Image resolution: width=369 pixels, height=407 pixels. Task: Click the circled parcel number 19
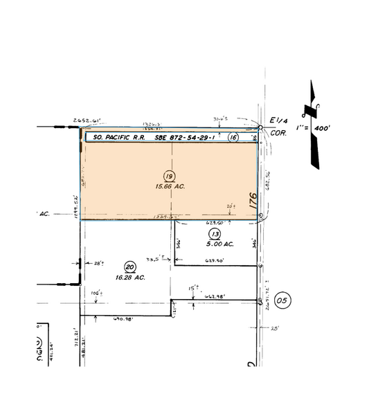(x=168, y=175)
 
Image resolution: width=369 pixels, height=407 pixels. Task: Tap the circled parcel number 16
(x=233, y=138)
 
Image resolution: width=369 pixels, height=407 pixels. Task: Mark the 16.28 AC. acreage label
(x=129, y=278)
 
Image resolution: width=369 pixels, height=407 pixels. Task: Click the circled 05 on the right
(x=280, y=300)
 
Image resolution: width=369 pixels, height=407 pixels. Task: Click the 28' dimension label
(x=98, y=263)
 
